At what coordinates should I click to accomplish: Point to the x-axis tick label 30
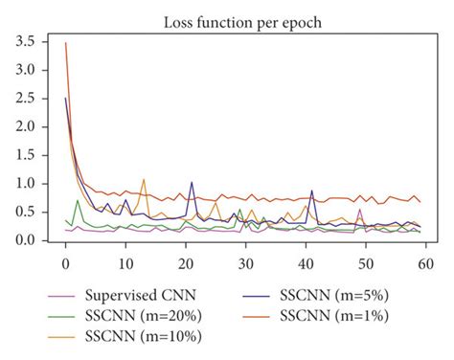(246, 262)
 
